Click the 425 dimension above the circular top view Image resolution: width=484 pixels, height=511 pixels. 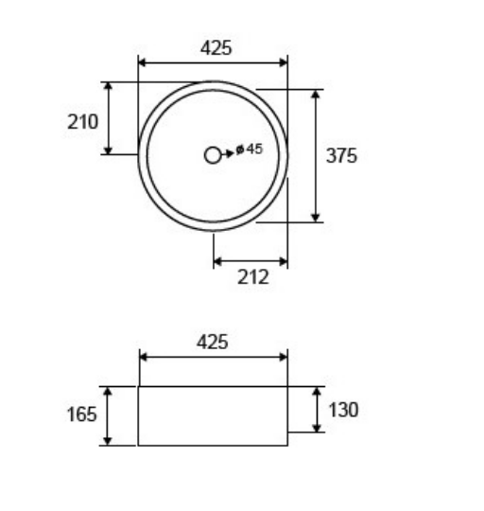[216, 48]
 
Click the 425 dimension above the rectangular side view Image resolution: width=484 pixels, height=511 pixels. [212, 343]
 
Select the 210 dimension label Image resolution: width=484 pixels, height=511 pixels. [82, 122]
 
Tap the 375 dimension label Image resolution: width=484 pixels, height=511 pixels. [341, 155]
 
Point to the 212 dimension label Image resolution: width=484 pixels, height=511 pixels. [253, 277]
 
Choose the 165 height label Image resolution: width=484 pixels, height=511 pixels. [81, 414]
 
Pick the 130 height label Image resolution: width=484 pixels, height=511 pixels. [343, 410]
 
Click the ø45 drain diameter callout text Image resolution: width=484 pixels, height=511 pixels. [249, 150]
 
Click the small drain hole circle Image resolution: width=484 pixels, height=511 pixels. [213, 155]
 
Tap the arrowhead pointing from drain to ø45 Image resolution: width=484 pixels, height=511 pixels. [230, 153]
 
